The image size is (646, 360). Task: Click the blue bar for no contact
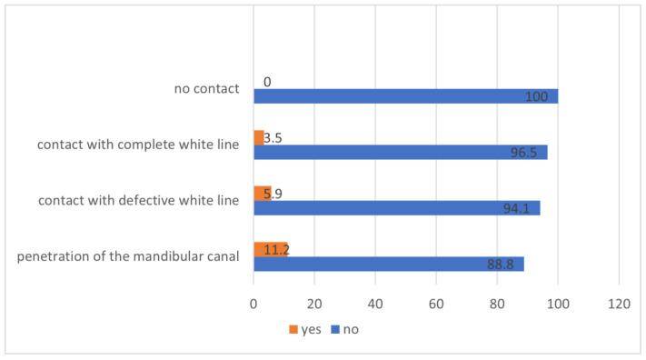[x=405, y=96]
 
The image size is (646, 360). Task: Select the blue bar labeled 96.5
[x=400, y=152]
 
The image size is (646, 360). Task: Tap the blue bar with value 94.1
[x=396, y=207]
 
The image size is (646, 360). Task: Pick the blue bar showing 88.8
[x=388, y=264]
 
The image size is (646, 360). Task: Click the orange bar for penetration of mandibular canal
[x=270, y=249]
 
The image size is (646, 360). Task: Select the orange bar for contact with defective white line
[x=262, y=193]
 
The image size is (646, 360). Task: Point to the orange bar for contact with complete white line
[x=259, y=137]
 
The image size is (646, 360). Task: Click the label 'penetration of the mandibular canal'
[x=128, y=256]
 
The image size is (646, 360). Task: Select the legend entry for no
[x=344, y=329]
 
